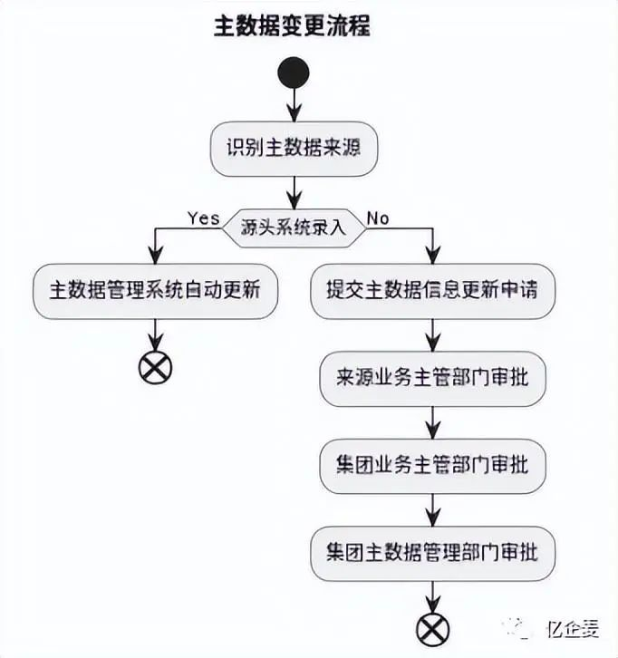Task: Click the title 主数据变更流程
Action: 292,26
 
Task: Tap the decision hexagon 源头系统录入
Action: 294,226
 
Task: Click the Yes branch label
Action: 203,218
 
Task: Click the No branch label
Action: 377,218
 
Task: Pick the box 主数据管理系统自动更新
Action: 154,291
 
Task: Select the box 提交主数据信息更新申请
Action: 431,291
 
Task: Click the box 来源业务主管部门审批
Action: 432,379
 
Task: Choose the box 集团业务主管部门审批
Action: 432,465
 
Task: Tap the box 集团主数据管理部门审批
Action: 432,551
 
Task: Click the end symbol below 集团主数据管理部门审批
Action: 432,626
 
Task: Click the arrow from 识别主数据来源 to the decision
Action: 294,190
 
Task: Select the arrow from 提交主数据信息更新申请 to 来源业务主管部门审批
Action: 432,335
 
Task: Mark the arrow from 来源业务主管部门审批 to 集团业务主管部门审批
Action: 432,422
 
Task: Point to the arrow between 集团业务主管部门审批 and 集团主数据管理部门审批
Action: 432,508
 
